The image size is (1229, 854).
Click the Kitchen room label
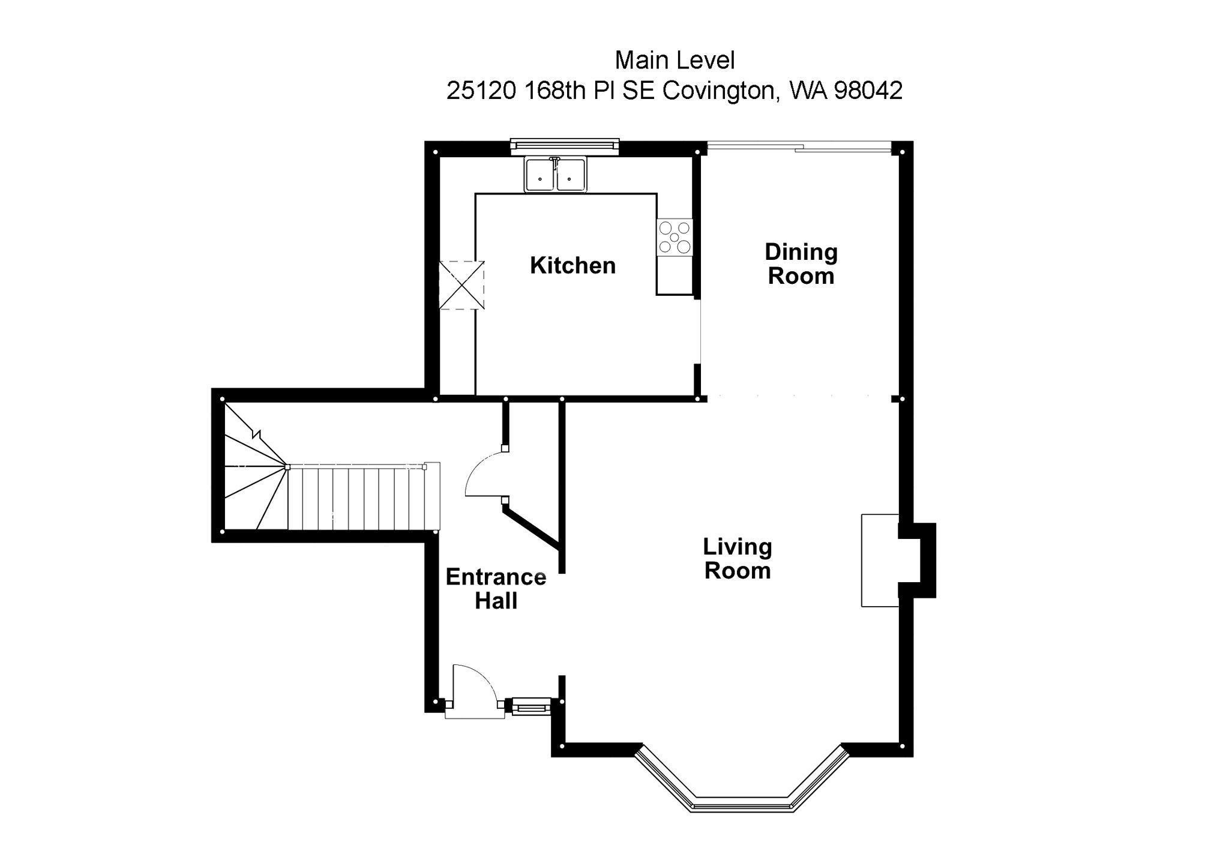click(572, 265)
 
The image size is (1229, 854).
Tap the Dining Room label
click(801, 264)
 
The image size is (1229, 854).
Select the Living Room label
click(737, 558)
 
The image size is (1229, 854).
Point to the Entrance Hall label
click(496, 589)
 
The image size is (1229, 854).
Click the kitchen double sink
click(555, 175)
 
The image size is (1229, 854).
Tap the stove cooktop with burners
click(675, 237)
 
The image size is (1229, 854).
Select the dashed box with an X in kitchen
click(461, 285)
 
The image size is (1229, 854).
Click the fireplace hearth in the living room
click(880, 560)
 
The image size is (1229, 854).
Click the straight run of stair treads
click(363, 499)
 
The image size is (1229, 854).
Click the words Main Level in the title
click(675, 60)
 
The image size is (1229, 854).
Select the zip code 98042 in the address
click(868, 91)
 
